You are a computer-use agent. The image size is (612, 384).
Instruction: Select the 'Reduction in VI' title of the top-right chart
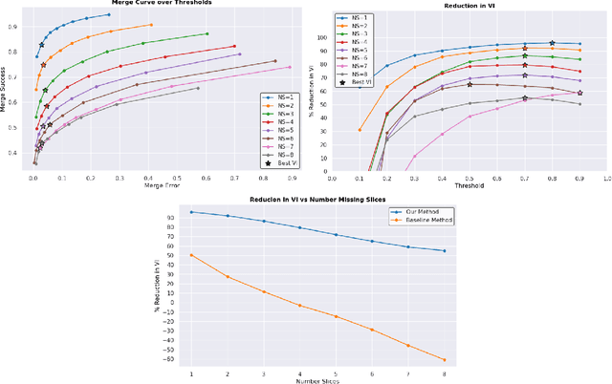pyautogui.click(x=469, y=6)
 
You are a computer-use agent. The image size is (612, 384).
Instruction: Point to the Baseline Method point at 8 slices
pyautogui.click(x=445, y=360)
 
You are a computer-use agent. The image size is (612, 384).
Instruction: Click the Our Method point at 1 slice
pyautogui.click(x=191, y=212)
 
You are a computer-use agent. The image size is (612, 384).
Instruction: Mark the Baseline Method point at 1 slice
pyautogui.click(x=191, y=255)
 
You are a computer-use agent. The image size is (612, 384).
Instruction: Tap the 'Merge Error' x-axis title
pyautogui.click(x=162, y=184)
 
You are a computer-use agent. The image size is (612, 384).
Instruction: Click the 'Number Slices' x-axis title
pyautogui.click(x=318, y=380)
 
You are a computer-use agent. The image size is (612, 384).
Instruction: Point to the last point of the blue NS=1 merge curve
pyautogui.click(x=109, y=14)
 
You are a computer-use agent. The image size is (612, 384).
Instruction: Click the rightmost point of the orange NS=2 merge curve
pyautogui.click(x=150, y=25)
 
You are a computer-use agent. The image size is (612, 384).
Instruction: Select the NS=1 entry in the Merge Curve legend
pyautogui.click(x=277, y=97)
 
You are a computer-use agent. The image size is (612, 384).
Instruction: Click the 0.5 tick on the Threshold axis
pyautogui.click(x=470, y=178)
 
